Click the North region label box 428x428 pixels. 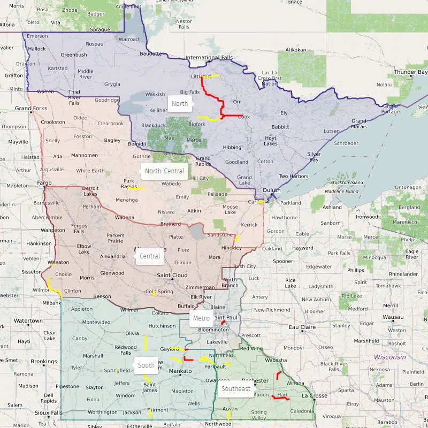coord(180,103)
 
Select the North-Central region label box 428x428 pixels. coord(165,171)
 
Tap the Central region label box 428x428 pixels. coord(150,256)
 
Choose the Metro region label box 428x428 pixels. coord(201,318)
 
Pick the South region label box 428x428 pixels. coord(146,365)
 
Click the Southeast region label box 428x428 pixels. coord(236,389)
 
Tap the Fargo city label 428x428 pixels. coord(44,182)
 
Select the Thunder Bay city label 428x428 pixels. coord(411,72)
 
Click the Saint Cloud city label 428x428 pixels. coord(172,275)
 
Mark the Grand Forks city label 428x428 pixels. coord(30,108)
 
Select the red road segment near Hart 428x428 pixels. coord(280,398)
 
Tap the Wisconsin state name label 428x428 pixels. coord(389,357)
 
